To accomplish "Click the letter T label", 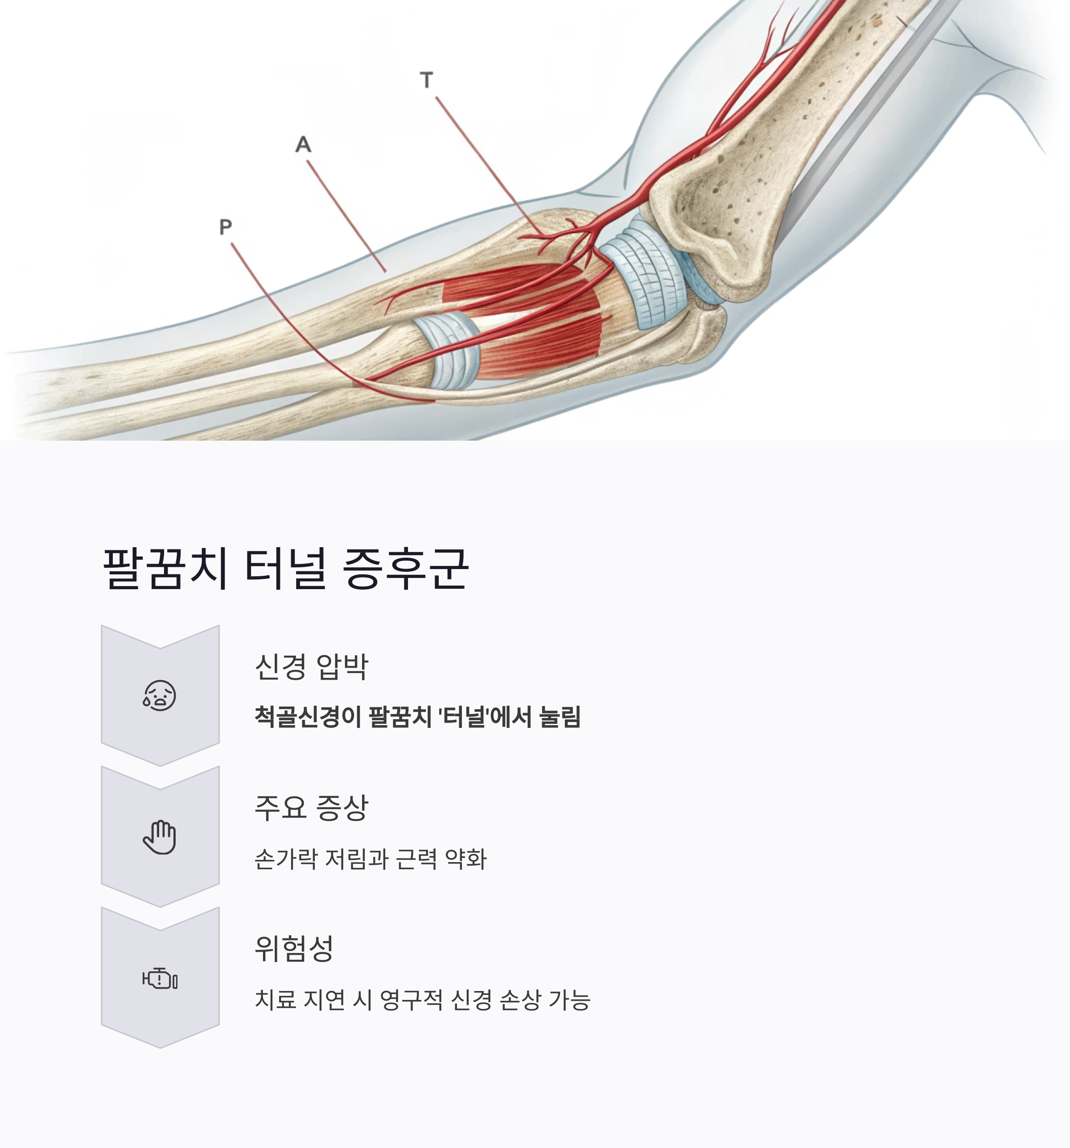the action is coord(427,80).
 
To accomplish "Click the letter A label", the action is coord(303,145).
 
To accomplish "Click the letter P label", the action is coord(226,227).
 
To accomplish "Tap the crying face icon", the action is coord(160,695).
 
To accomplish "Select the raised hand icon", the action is coord(160,837).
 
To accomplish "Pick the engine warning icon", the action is coord(160,979).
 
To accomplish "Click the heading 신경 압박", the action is coord(311,667).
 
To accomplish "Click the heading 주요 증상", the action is coord(311,808).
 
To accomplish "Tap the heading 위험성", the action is coord(294,949).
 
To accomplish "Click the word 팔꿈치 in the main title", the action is coord(165,569).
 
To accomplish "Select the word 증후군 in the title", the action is coord(405,569).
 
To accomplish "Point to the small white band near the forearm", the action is coord(447,349).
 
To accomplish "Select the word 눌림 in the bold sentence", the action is coord(559,717).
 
